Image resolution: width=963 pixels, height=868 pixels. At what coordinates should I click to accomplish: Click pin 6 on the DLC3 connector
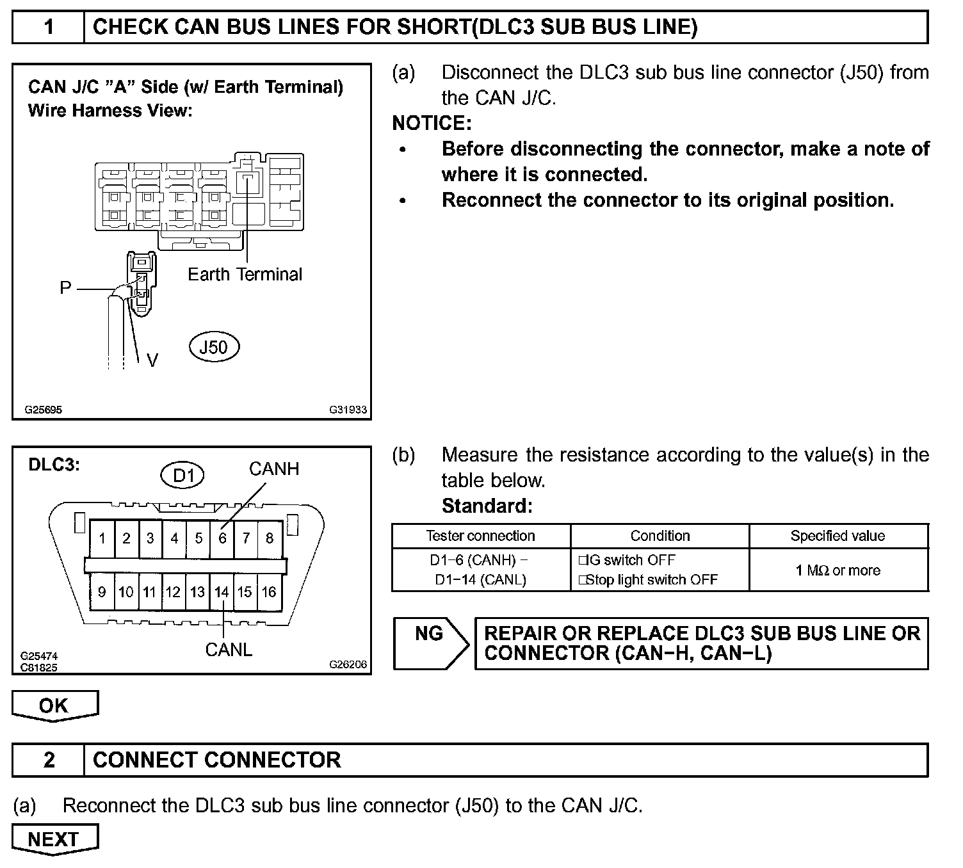(222, 538)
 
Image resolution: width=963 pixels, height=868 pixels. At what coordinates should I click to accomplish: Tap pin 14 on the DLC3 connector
(222, 592)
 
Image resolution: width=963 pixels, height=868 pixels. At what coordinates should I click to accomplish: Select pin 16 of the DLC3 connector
(269, 592)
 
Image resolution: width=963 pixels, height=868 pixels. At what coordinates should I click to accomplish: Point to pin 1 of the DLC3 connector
(102, 538)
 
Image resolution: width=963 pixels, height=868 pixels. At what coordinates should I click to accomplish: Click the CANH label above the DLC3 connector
(274, 469)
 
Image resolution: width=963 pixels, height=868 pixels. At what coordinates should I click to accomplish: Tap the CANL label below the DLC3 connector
(229, 650)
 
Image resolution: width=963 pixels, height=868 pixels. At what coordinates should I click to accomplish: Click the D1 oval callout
(183, 476)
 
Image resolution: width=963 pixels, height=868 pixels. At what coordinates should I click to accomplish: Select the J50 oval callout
(213, 347)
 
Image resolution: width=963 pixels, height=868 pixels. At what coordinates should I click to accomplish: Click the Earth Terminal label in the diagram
(245, 275)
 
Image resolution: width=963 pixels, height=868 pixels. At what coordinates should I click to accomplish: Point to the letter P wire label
(65, 288)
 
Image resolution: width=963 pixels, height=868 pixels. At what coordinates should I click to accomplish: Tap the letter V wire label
(152, 361)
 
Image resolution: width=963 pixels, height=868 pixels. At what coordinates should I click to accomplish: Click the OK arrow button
(54, 705)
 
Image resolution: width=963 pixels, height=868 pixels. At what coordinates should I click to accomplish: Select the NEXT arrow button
(54, 839)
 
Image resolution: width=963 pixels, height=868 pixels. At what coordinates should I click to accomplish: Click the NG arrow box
(429, 643)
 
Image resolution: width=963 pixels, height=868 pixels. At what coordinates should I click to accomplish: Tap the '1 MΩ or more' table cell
(838, 570)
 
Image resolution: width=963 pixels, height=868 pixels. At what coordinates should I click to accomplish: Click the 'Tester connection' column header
(480, 536)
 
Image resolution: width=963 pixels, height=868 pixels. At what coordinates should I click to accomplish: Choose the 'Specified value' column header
(838, 536)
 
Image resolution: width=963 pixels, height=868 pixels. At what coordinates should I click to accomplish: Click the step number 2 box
(49, 760)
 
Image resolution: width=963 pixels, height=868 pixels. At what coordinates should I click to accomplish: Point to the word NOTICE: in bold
(432, 123)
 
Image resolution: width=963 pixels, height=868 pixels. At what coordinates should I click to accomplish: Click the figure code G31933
(348, 410)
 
